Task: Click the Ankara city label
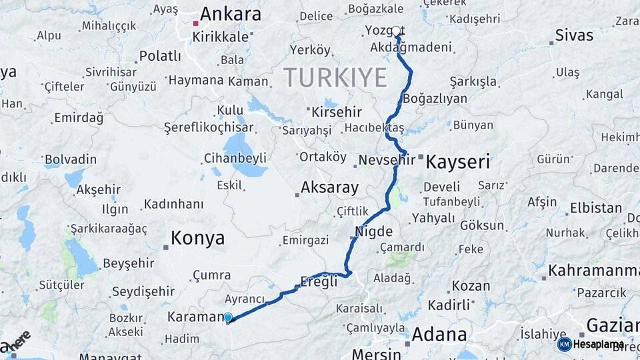[x=230, y=14]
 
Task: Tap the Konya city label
[x=197, y=238]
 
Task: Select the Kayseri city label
[x=457, y=161]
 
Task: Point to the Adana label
[x=439, y=335]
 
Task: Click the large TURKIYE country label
[x=335, y=78]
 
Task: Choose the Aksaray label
[x=329, y=187]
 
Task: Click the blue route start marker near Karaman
[x=228, y=318]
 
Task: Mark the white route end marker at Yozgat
[x=396, y=31]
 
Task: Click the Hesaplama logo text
[x=598, y=345]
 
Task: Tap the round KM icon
[x=564, y=344]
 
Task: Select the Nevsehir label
[x=387, y=160]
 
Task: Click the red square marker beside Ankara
[x=195, y=23]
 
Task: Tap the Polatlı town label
[x=160, y=55]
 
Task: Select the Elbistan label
[x=595, y=207]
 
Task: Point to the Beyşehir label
[x=128, y=263]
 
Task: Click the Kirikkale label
[x=220, y=37]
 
